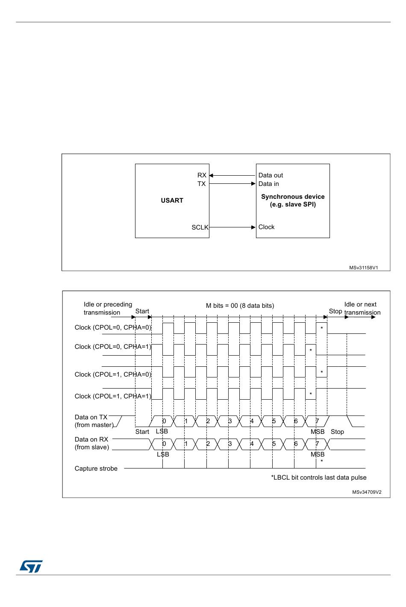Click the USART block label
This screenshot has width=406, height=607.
(172, 200)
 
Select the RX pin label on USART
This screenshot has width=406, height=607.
(202, 175)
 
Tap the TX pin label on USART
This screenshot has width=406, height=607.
(201, 184)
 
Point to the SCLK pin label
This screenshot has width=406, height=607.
(200, 227)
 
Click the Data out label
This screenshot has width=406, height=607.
(271, 175)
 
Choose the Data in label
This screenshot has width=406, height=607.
(268, 184)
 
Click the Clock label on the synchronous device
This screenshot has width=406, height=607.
(266, 227)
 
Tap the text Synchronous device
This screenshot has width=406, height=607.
(293, 197)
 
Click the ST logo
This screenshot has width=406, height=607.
(31, 566)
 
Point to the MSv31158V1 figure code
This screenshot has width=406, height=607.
(363, 268)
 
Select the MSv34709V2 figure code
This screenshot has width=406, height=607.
(367, 492)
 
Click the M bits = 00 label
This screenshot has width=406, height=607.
(240, 306)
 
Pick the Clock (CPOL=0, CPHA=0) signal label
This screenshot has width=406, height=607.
(113, 327)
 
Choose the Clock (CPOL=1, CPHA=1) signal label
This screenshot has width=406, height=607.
(113, 396)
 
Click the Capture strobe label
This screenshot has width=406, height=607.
(96, 469)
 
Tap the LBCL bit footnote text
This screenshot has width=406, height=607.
(319, 477)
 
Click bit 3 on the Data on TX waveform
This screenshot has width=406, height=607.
(229, 421)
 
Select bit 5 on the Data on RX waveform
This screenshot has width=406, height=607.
(274, 444)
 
